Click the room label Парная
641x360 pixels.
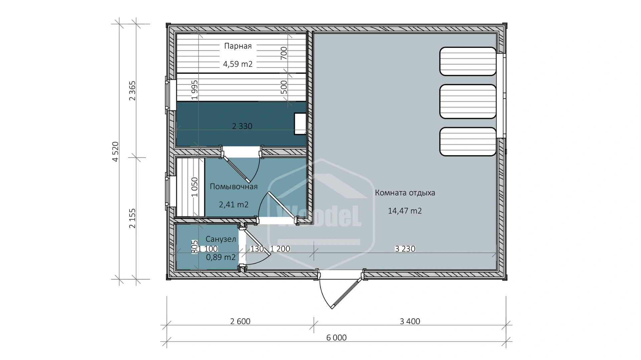point(238,46)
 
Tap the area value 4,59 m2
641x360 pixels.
point(238,64)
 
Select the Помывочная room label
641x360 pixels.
point(234,187)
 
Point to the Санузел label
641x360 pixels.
point(221,239)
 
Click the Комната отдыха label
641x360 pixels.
point(405,193)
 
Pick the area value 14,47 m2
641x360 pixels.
point(405,211)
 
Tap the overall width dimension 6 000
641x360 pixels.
point(337,338)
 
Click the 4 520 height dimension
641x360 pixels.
point(115,152)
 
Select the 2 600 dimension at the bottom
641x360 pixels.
point(240,321)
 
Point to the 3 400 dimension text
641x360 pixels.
point(410,321)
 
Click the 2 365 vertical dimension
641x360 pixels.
point(133,91)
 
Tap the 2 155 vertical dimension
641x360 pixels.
point(133,218)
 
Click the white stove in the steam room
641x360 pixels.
point(300,124)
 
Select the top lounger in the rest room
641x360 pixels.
point(468,61)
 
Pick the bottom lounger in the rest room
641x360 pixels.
point(468,141)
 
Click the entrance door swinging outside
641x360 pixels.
point(341,289)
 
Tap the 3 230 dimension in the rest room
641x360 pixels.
point(405,249)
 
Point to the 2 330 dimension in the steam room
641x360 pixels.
point(242,126)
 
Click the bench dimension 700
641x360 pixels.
point(283,53)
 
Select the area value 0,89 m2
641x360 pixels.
point(221,257)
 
